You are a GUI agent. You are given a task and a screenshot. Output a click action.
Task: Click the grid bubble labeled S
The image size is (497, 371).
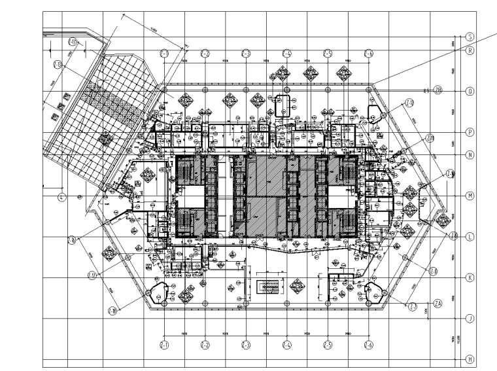pyautogui.click(x=470, y=37)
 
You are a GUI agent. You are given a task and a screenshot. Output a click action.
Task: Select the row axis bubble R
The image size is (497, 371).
pyautogui.click(x=470, y=50)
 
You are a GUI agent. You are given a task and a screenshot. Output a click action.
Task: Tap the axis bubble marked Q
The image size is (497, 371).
pyautogui.click(x=470, y=91)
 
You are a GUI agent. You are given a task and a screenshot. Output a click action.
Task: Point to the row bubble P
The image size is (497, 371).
pyautogui.click(x=470, y=132)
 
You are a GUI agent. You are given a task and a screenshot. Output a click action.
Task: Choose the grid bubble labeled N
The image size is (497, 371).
pyautogui.click(x=470, y=155)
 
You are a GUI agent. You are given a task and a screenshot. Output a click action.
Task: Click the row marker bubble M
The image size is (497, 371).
pyautogui.click(x=470, y=196)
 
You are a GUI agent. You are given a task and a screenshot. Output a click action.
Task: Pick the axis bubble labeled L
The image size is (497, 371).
pyautogui.click(x=470, y=237)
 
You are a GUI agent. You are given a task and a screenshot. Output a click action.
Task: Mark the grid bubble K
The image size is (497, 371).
pyautogui.click(x=470, y=278)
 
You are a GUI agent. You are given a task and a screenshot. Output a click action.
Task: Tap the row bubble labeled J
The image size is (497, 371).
pyautogui.click(x=470, y=319)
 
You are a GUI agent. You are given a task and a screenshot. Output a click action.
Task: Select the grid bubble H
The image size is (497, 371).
pyautogui.click(x=470, y=359)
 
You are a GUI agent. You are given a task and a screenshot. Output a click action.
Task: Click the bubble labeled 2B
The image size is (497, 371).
pyautogui.click(x=439, y=91)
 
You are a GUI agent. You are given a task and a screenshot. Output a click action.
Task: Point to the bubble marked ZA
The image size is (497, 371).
pyautogui.click(x=439, y=302)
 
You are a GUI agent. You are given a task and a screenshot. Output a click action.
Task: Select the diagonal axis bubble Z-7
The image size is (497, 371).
pyautogui.click(x=413, y=306)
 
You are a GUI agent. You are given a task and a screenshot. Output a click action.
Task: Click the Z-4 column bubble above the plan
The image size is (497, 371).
pyautogui.click(x=286, y=53)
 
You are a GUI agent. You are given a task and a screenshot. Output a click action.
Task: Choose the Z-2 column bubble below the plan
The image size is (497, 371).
pyautogui.click(x=205, y=344)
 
